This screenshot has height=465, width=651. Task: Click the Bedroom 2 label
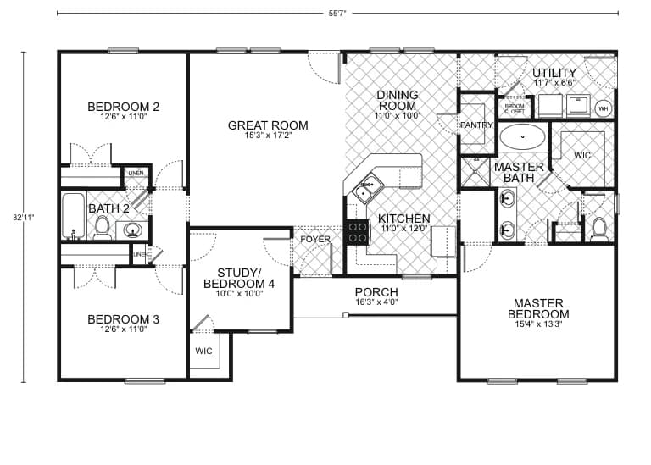click(124, 107)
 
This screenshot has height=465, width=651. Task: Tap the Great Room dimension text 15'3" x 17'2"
click(268, 136)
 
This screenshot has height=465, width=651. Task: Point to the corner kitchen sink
click(368, 187)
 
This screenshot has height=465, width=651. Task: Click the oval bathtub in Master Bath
click(523, 136)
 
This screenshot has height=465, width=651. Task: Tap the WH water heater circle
click(604, 108)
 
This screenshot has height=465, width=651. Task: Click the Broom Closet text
click(515, 108)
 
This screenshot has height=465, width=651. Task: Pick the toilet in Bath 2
click(103, 226)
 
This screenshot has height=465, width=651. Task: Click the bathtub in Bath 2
click(74, 217)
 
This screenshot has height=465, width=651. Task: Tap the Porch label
click(376, 292)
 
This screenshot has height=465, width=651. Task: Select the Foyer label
click(315, 240)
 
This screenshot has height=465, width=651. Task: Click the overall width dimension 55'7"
click(337, 13)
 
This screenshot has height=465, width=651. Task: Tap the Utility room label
click(554, 74)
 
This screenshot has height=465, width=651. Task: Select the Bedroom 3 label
click(124, 319)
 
